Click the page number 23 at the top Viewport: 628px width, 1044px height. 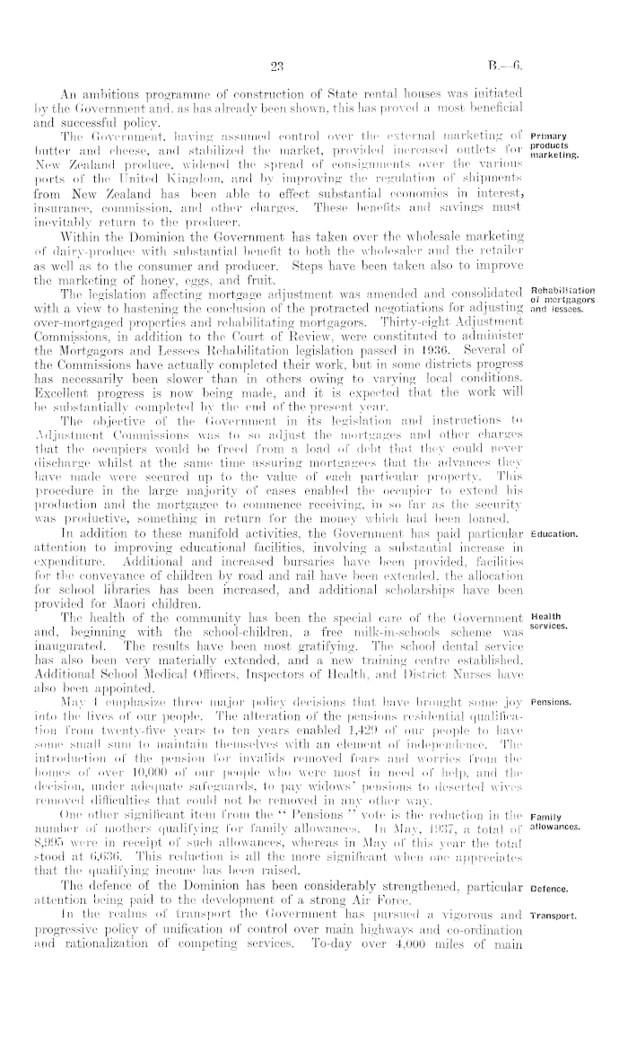point(275,63)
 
